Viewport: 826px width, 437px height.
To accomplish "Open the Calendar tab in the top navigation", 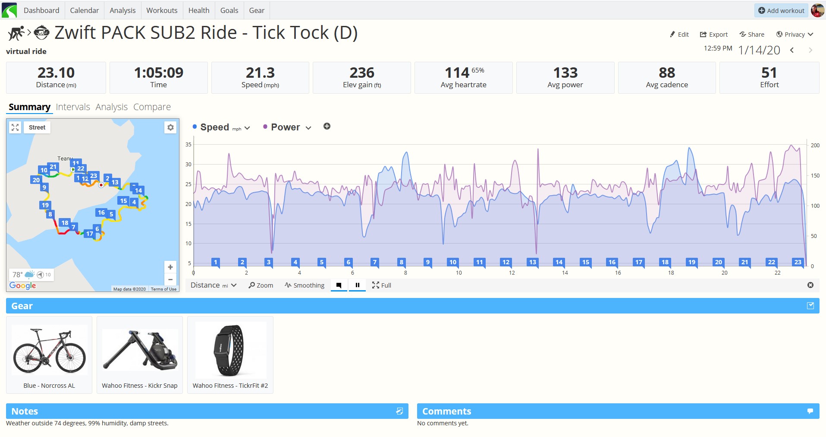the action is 84,10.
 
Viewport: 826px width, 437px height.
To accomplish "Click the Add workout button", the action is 781,10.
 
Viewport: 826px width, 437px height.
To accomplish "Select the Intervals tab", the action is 73,107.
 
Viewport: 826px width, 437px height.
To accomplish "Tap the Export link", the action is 714,35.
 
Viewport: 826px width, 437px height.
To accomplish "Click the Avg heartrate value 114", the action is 457,73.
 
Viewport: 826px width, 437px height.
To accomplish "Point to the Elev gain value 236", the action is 362,73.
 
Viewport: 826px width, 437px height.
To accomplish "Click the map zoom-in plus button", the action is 170,267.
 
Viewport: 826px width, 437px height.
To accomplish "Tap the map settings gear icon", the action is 170,127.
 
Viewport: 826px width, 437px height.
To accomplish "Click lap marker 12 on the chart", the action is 506,262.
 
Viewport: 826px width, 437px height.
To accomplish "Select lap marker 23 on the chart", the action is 798,262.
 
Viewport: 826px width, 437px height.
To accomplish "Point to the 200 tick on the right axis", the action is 815,146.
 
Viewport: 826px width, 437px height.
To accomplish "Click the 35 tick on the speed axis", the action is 188,145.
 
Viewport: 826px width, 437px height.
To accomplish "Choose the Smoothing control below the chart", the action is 305,285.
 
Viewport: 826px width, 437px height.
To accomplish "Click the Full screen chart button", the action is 382,285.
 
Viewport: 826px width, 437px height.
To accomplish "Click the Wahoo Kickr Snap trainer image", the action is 140,351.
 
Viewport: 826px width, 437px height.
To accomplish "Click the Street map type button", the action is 37,127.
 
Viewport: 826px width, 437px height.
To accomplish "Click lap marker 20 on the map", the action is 36,180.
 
